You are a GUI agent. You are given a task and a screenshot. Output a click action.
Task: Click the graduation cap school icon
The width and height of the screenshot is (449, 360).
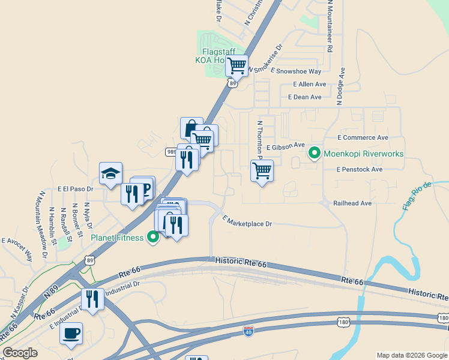point(110,173)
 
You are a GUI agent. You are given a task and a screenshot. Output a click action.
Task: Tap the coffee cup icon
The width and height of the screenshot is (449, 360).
point(71,333)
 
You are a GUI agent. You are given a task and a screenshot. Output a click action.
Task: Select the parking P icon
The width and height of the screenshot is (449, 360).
point(144,188)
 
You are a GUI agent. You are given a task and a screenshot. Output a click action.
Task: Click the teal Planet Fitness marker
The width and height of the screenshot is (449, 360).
point(153,238)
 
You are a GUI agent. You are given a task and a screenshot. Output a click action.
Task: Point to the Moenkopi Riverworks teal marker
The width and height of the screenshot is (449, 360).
point(314,154)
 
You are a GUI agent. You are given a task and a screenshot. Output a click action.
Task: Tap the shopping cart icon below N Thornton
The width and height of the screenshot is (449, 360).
point(262,171)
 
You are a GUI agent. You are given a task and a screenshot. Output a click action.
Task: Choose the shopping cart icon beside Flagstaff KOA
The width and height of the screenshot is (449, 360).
point(237,65)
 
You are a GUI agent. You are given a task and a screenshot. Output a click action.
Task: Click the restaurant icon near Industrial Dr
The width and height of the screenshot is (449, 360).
point(92,299)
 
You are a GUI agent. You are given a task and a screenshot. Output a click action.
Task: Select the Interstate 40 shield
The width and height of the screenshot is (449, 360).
point(249,331)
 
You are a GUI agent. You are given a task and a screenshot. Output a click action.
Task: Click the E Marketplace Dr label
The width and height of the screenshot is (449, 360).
point(247,221)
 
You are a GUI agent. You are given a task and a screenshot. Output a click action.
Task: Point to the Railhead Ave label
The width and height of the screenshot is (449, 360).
point(352,203)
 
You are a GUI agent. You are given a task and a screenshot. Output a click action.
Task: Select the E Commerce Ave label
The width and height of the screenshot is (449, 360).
point(363,137)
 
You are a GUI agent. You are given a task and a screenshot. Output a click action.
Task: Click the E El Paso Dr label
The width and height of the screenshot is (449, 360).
point(76,188)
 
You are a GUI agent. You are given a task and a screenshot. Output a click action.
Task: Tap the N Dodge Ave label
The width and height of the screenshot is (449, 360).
point(340,86)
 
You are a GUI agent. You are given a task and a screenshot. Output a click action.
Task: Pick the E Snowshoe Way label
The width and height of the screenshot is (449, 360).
point(296,71)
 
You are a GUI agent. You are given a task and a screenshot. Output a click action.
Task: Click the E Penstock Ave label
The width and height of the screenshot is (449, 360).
point(360,169)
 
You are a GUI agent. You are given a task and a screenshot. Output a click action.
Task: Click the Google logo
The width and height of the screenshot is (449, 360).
point(20,353)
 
